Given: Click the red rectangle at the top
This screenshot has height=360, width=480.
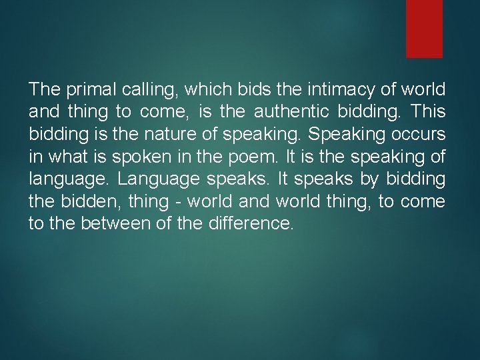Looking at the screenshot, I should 425,28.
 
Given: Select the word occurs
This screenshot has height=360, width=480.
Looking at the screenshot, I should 419,134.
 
